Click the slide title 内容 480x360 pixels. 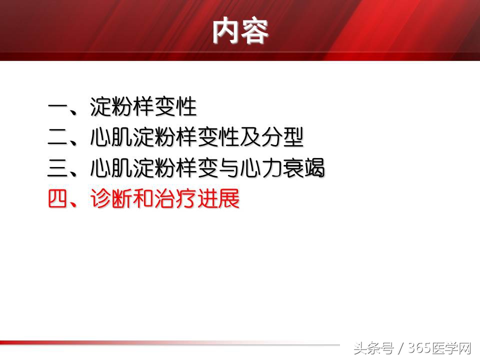(x=240, y=31)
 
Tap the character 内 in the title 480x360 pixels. (x=226, y=31)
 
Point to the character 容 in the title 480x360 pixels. (x=254, y=31)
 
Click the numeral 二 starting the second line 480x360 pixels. (x=58, y=137)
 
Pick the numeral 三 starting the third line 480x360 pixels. (x=58, y=168)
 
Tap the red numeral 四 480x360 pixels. (x=58, y=199)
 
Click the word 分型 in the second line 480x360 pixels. (x=282, y=137)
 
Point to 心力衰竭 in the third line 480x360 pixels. (x=282, y=168)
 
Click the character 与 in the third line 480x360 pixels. (x=229, y=168)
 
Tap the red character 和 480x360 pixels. (x=144, y=199)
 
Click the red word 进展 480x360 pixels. (x=218, y=199)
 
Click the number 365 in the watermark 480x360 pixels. (x=419, y=348)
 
